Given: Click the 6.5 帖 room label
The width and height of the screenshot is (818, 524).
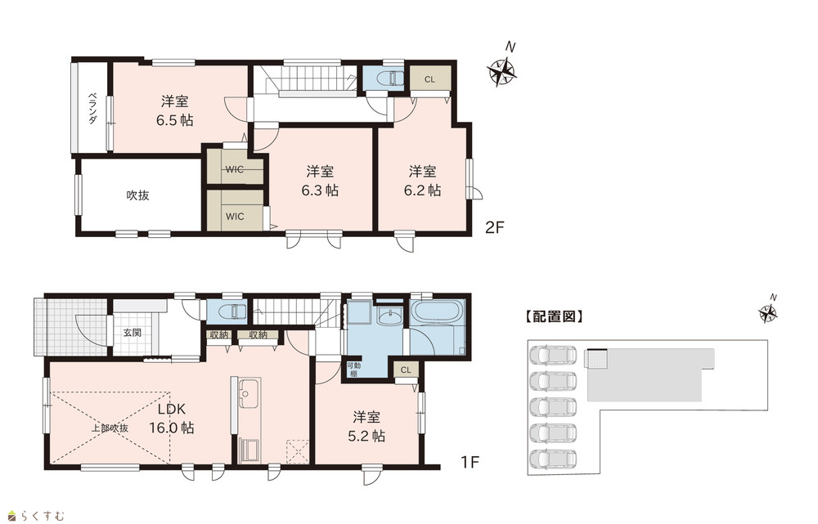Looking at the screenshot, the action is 175,110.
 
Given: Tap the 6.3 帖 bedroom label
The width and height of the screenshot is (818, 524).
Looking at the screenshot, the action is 320,181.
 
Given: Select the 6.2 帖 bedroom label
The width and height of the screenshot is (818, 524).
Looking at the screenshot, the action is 423,181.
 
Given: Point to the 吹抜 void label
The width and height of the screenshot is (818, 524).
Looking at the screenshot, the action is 137,195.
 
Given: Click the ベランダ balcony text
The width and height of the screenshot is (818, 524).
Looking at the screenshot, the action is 92,108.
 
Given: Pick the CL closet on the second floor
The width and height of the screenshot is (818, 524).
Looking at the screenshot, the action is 429,79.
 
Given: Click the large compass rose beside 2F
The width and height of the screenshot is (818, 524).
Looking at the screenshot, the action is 502,71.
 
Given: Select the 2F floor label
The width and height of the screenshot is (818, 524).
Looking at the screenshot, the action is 495,228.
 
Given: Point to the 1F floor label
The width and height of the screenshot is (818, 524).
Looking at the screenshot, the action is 470,462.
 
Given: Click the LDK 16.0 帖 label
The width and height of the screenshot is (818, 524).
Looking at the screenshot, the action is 172,419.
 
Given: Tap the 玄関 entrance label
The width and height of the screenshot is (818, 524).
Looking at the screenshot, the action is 132,332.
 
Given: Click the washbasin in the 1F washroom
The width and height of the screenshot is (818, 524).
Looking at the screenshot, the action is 388,316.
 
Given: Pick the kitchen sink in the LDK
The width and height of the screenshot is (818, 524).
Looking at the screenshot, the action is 245,394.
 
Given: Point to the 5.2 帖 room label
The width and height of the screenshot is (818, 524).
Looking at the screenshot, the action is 366,427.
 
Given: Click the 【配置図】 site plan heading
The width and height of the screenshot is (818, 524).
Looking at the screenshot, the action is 553,316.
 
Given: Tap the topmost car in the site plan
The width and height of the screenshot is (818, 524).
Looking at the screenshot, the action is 553,356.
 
